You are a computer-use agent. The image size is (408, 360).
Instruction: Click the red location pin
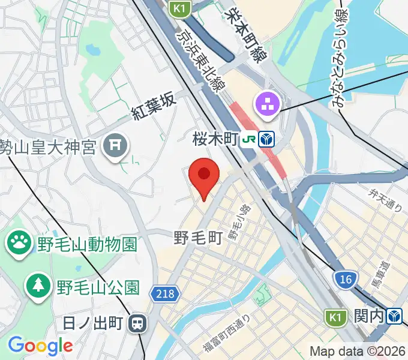pos(204,175)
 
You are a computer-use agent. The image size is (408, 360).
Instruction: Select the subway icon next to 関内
pos(394,316)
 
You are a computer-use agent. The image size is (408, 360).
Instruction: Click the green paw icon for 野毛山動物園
pos(20,243)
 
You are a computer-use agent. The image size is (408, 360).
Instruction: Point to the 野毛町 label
pos(198,238)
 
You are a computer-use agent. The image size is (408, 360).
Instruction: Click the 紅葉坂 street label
pos(154,107)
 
